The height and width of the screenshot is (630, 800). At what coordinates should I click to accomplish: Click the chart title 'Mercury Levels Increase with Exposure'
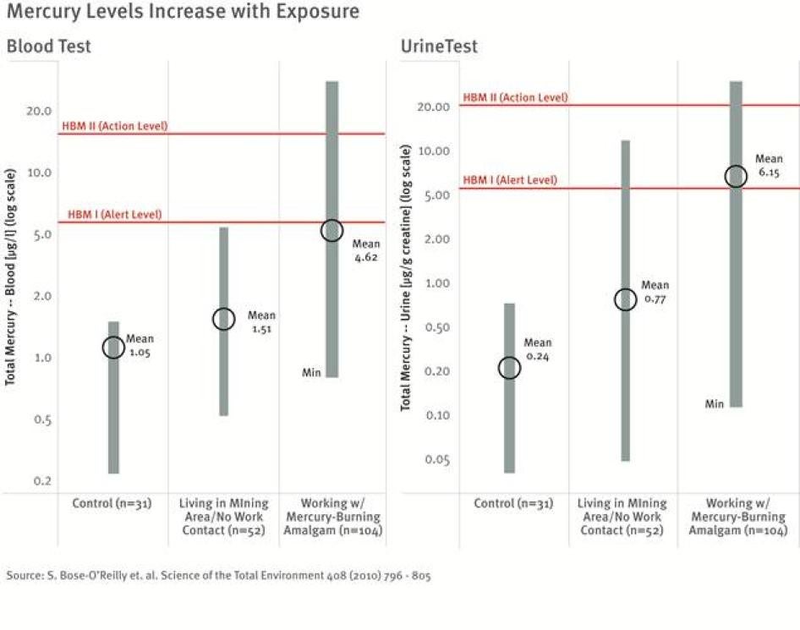(x=183, y=13)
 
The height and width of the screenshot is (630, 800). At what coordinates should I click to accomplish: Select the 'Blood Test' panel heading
(x=48, y=47)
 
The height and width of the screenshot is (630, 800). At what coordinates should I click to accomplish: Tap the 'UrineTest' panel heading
(x=439, y=47)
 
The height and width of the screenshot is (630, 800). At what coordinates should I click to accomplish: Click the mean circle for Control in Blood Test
(x=114, y=347)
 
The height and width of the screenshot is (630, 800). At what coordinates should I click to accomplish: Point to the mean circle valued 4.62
(x=332, y=230)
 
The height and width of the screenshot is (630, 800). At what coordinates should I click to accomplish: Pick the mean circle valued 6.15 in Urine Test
(x=736, y=176)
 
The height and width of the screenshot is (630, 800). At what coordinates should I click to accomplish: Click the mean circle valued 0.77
(x=625, y=299)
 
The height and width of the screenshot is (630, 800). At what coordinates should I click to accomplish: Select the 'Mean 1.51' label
(x=261, y=322)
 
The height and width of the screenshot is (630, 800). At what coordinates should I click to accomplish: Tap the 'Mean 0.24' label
(x=537, y=349)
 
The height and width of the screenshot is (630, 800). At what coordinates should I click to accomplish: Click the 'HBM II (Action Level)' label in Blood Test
(x=115, y=126)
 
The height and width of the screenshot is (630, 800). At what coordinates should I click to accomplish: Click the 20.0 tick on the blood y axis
(x=39, y=111)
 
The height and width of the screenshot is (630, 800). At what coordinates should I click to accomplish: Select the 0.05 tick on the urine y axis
(x=436, y=460)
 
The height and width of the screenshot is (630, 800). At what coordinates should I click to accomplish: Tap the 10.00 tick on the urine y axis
(x=435, y=151)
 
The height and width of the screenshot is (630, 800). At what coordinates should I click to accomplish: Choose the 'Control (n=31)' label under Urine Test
(x=513, y=504)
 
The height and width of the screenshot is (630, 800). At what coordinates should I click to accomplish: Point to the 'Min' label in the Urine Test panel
(x=715, y=404)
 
